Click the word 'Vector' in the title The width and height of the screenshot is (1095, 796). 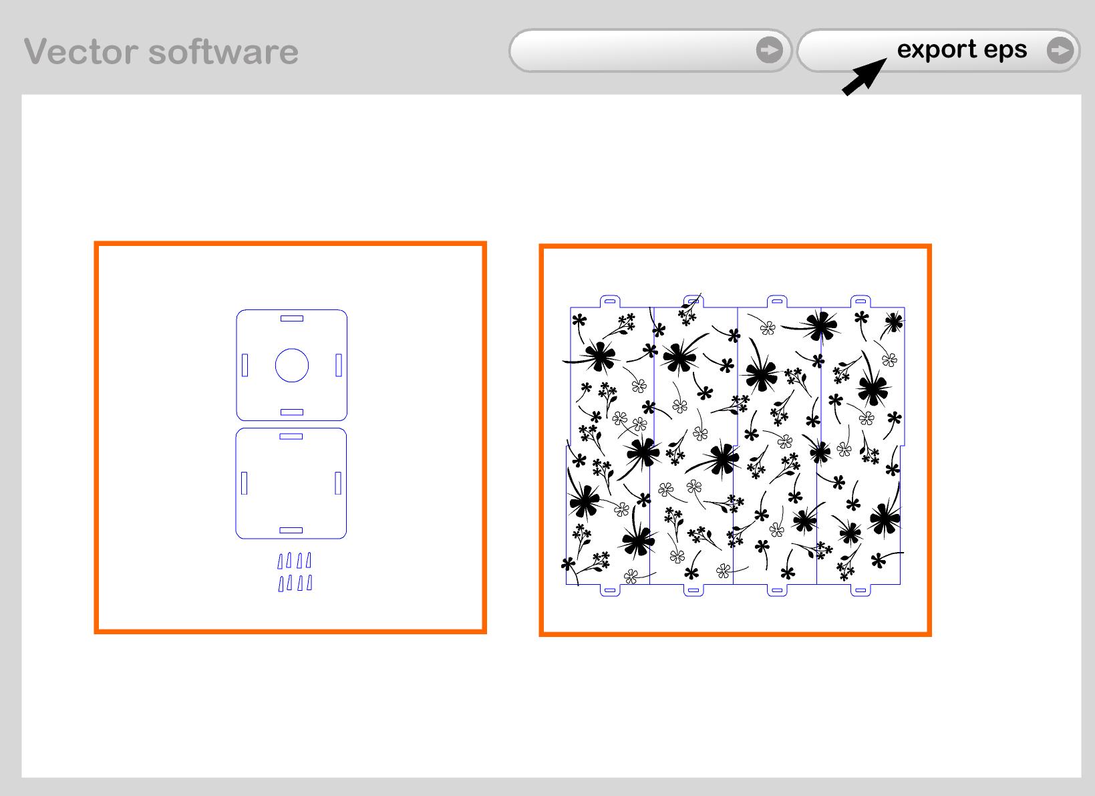[x=81, y=51]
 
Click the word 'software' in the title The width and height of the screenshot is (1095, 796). [x=223, y=51]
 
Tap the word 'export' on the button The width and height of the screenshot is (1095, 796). [x=937, y=50]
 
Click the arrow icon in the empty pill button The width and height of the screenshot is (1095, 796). [x=770, y=50]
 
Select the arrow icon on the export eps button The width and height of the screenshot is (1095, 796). [x=1060, y=50]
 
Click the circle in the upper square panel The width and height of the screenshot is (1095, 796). [x=292, y=365]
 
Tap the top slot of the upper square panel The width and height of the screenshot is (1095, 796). [x=292, y=318]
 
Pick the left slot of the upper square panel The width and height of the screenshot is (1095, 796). [x=245, y=365]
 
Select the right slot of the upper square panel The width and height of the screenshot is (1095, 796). [x=339, y=365]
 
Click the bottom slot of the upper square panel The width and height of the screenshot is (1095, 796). [x=292, y=412]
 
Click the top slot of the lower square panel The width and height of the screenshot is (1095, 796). [x=291, y=436]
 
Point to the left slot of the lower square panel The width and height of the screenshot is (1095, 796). [x=245, y=483]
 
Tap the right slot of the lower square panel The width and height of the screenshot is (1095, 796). [x=338, y=483]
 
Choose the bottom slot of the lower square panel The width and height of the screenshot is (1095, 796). [x=291, y=530]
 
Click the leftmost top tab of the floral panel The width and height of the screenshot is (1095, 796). [x=610, y=301]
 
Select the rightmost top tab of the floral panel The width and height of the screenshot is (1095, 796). [x=861, y=301]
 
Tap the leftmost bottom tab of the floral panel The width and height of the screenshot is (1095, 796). [x=610, y=590]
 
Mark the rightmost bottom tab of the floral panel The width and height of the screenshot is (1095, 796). [x=861, y=590]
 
